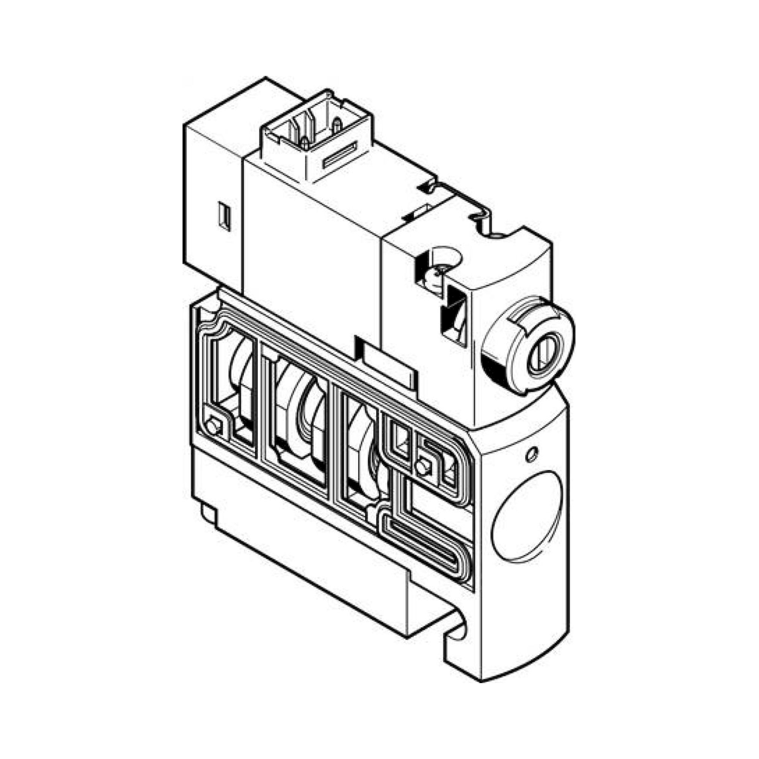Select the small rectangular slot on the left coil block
coord(225,215)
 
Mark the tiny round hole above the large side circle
coord(532,455)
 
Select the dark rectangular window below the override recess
coord(456,314)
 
